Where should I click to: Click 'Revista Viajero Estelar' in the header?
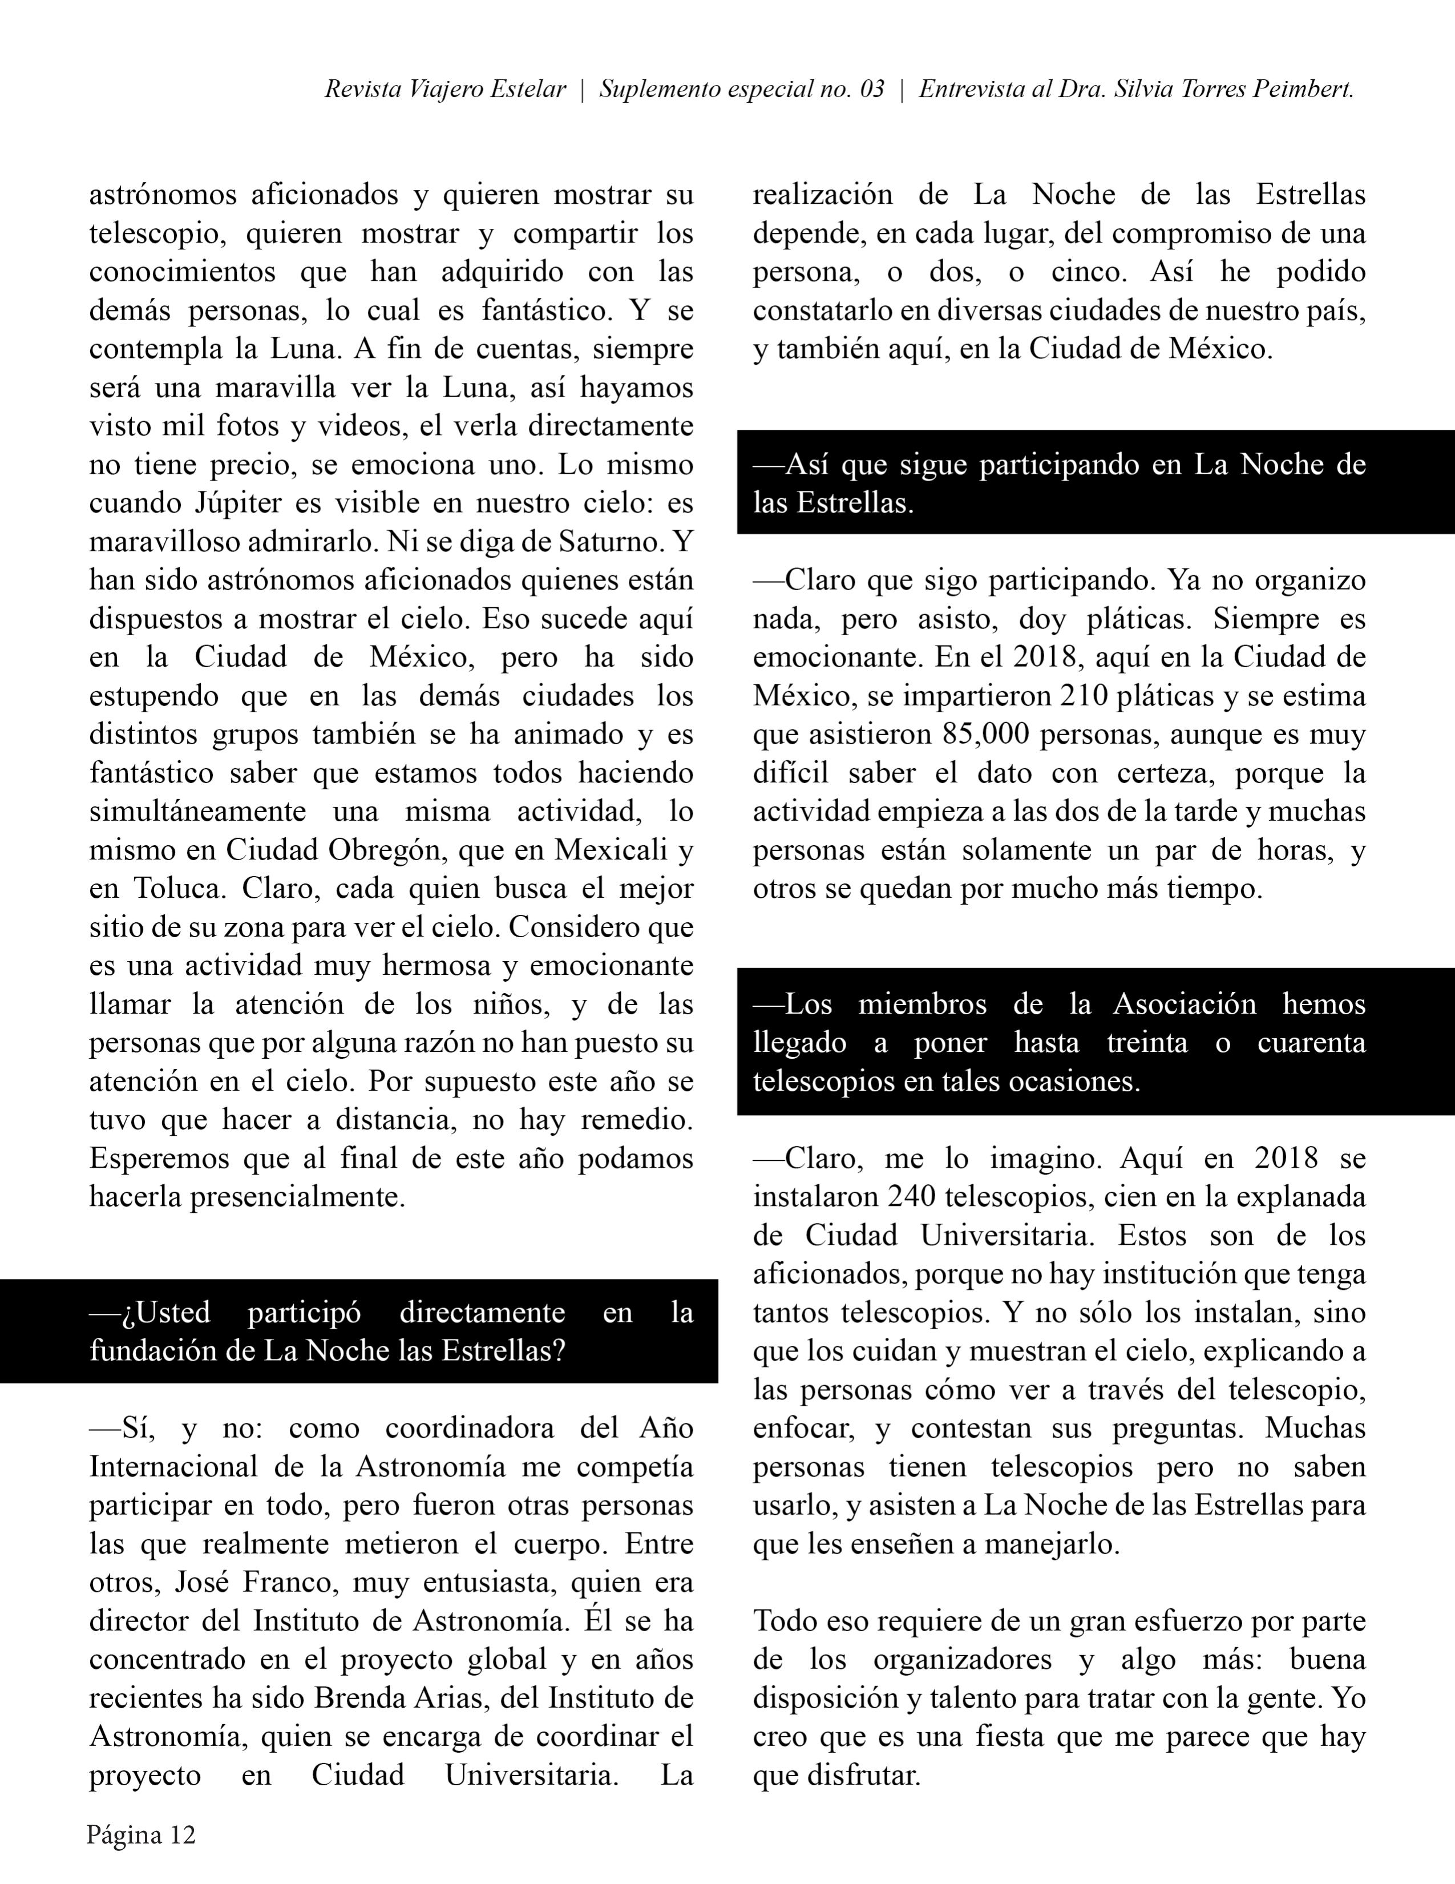point(445,90)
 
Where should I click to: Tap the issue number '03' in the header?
point(872,90)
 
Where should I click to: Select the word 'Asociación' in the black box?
point(1184,1003)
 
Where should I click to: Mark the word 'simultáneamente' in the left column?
point(197,812)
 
